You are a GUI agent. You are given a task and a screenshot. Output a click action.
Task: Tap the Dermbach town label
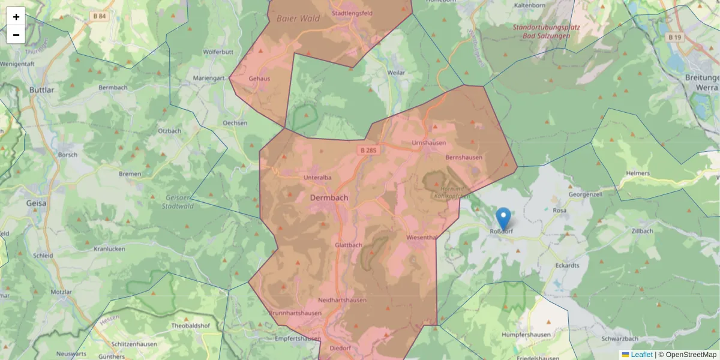click(329, 197)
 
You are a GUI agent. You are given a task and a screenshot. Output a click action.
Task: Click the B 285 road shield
click(368, 150)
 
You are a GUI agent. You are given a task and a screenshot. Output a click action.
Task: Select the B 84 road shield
click(100, 16)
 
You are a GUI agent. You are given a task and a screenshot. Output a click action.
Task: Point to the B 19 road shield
click(674, 37)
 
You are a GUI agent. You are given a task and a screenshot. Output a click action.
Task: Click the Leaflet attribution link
click(641, 355)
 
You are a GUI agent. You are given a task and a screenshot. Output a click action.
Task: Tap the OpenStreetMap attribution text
click(691, 355)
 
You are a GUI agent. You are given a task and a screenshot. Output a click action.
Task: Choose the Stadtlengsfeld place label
click(356, 13)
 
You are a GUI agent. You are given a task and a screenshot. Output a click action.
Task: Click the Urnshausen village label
click(428, 143)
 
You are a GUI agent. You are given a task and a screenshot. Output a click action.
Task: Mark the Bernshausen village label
click(464, 157)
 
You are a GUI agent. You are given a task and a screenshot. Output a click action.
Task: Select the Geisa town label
click(37, 203)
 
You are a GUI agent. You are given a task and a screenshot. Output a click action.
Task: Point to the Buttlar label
click(41, 90)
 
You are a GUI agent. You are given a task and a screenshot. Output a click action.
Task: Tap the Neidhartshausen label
click(343, 300)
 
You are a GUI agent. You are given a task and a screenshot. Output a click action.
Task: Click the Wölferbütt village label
click(218, 52)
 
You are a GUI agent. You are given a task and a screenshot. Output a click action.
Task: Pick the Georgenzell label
click(585, 195)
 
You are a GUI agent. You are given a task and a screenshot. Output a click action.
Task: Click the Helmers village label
click(638, 173)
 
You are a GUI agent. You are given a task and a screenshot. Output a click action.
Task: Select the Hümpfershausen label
click(526, 335)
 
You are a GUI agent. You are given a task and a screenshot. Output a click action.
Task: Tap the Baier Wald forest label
click(298, 19)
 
